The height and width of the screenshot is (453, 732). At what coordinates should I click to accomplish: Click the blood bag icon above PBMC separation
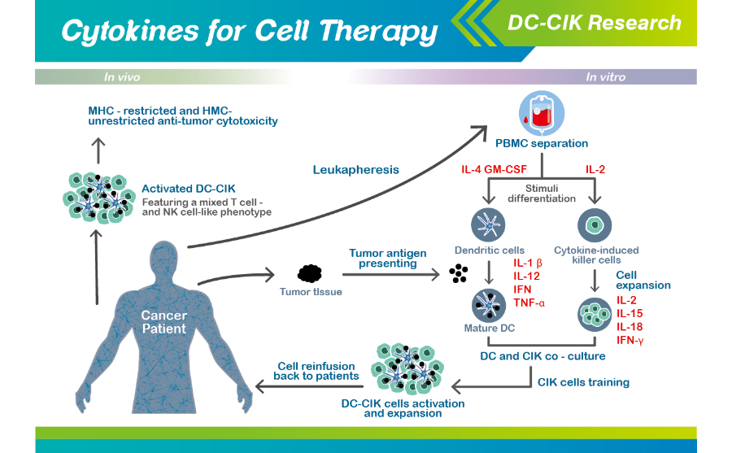pyautogui.click(x=542, y=113)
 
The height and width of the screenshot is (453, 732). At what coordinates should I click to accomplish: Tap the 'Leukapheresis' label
pyautogui.click(x=355, y=170)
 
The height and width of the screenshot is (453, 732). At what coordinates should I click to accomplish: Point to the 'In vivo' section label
pyautogui.click(x=122, y=77)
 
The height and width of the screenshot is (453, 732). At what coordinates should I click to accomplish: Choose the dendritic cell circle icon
pyautogui.click(x=488, y=224)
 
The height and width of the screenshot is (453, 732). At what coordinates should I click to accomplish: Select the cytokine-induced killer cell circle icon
pyautogui.click(x=595, y=224)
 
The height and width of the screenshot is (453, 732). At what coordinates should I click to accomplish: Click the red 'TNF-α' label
pyautogui.click(x=529, y=303)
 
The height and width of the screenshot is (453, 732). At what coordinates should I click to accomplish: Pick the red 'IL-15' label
pyautogui.click(x=629, y=313)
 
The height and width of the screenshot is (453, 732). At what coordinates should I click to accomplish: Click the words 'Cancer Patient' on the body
pyautogui.click(x=163, y=322)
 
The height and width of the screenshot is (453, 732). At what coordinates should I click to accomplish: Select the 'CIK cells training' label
pyautogui.click(x=583, y=381)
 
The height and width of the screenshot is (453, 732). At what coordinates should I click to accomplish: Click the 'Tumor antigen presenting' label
pyautogui.click(x=387, y=259)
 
